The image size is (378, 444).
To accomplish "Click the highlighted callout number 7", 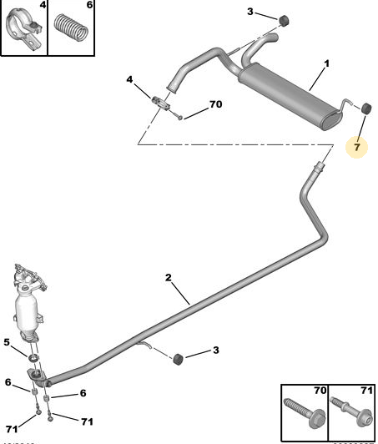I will pos(356,148).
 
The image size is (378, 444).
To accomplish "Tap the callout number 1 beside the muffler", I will pos(326,63).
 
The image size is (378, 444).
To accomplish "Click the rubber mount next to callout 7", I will pos(364,108).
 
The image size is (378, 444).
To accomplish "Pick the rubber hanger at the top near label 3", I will pos(282,19).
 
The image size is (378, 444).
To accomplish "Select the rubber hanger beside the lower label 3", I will pos(177,358).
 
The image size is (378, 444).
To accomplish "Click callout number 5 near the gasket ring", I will pos(7,341).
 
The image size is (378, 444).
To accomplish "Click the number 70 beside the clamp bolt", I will pos(215,105).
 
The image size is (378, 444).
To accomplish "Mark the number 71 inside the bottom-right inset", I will pos(365,390).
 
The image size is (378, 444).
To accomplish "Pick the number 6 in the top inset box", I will pos(89,5).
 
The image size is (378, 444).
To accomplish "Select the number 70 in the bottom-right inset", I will pos(319,390).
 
